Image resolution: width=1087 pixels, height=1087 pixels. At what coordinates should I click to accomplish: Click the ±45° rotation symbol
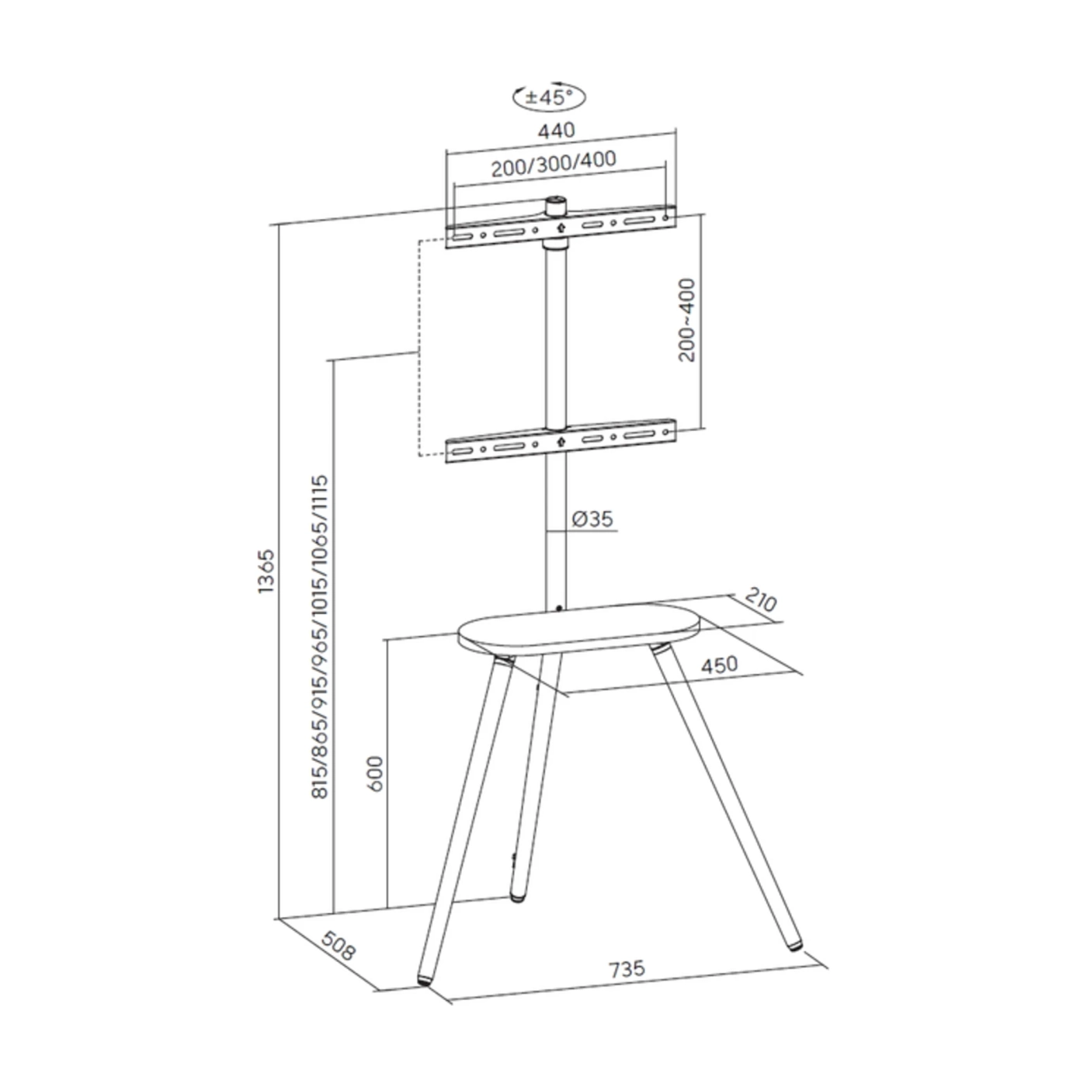click(x=549, y=97)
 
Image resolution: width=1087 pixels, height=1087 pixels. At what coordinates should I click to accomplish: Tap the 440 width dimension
click(x=556, y=131)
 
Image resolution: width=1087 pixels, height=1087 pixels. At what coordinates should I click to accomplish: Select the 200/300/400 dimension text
click(x=554, y=164)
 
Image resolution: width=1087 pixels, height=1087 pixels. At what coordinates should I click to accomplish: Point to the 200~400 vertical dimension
click(x=687, y=319)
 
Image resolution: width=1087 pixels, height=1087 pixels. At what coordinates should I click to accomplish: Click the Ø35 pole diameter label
click(x=592, y=519)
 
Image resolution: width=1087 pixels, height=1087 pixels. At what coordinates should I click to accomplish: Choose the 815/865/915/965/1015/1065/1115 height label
click(x=320, y=637)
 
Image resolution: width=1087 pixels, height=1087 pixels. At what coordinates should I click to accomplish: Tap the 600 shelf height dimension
click(x=375, y=773)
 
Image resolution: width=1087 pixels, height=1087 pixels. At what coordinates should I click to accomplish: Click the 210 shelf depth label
click(x=761, y=599)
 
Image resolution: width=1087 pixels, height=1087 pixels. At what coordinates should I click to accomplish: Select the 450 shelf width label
click(x=720, y=665)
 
